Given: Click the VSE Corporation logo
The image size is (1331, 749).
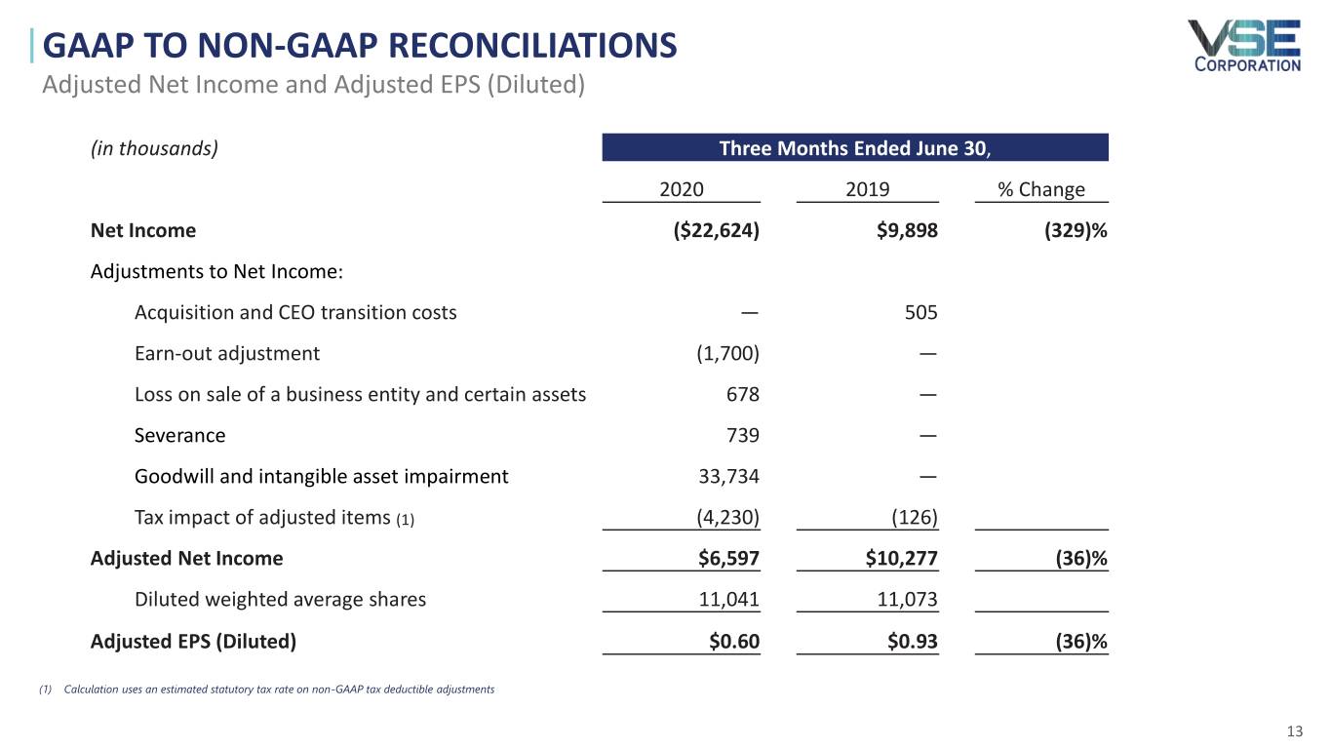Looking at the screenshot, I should click(1243, 46).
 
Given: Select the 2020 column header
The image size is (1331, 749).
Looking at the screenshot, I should click(682, 189).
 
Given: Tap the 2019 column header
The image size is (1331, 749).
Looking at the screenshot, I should click(867, 189).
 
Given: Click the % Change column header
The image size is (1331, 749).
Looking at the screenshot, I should click(1040, 189).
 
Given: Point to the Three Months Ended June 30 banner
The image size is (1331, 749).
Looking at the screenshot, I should click(854, 148).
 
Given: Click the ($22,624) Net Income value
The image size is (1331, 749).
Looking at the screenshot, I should click(710, 230).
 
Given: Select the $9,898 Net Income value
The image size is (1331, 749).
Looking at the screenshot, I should click(907, 230).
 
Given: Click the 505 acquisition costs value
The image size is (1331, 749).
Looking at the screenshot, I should click(920, 312).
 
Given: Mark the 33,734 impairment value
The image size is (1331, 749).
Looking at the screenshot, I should click(724, 476).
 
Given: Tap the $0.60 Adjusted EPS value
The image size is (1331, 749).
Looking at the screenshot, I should click(733, 641).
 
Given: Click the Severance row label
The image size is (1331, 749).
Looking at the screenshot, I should click(179, 435).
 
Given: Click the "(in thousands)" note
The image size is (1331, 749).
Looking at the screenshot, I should click(154, 148).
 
